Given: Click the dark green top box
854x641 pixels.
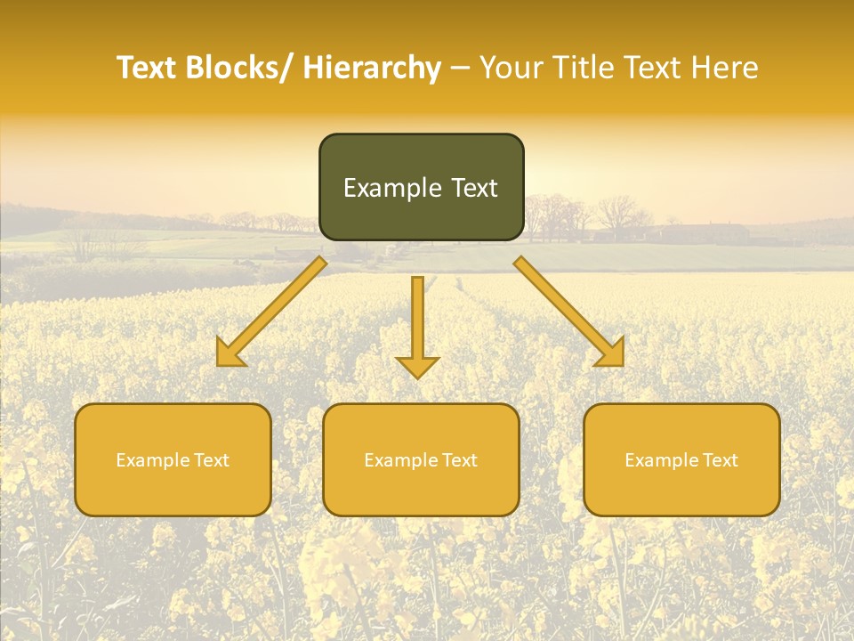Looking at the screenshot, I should tap(421, 187).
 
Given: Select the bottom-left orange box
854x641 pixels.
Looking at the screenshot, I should tap(173, 459).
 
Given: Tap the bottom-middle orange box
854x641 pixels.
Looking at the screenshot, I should tap(421, 459).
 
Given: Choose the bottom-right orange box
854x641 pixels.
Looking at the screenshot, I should tap(681, 459).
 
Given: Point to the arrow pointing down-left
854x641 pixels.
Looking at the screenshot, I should tap(271, 312).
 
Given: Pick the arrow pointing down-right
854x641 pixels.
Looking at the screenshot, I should tap(569, 312).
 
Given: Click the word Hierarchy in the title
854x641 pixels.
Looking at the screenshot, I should tap(372, 68).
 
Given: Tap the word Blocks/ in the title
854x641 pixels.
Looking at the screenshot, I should tap(239, 68).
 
